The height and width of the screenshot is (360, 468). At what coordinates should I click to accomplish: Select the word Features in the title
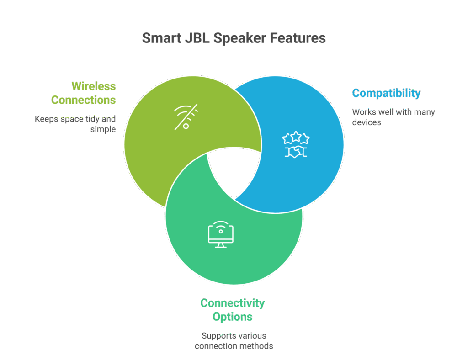tap(298, 38)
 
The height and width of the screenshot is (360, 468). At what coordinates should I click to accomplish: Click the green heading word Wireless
tap(93, 86)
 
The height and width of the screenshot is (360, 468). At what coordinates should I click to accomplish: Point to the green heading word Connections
tap(83, 100)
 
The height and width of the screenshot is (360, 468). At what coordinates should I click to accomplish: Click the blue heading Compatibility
tap(386, 93)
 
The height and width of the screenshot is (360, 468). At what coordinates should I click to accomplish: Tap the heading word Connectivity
tap(232, 303)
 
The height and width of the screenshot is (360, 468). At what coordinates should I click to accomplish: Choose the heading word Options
tap(232, 316)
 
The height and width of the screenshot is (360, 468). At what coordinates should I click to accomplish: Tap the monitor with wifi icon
tap(221, 234)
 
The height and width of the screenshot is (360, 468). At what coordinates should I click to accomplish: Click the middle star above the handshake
tap(296, 136)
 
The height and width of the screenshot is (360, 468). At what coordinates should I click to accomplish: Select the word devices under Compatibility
tap(367, 122)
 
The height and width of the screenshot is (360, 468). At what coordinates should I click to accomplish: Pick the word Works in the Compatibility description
tap(363, 112)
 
